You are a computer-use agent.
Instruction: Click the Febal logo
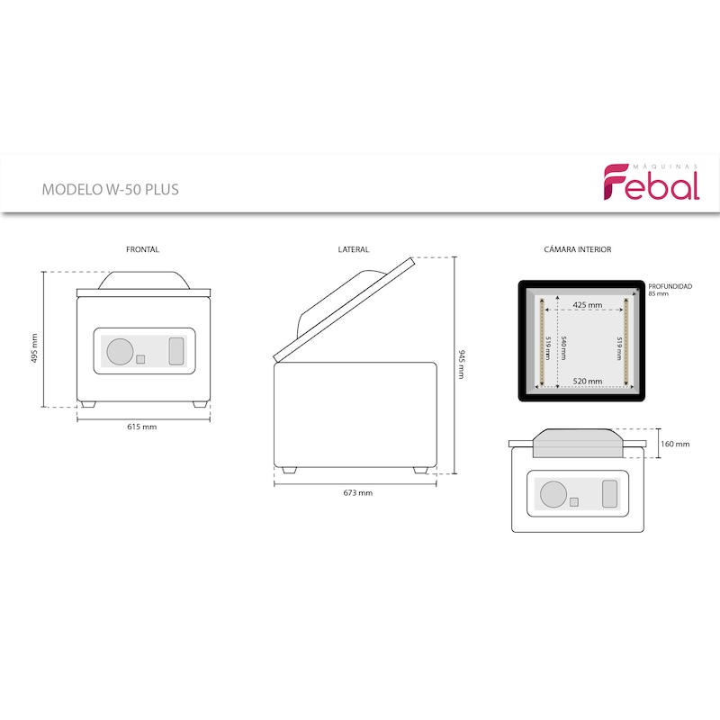pos(651,182)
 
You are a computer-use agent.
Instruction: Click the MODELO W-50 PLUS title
pos(110,190)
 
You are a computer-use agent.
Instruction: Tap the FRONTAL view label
pos(142,249)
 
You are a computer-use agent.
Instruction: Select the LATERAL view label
pos(353,249)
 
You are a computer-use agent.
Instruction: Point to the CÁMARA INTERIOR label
pos(577,249)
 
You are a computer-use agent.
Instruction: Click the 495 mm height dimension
pos(34,348)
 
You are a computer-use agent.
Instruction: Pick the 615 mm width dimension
pos(142,427)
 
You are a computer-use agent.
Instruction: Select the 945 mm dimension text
pos(462,364)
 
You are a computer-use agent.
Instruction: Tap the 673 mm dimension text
pos(357,492)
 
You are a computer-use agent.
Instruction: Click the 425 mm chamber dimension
pos(588,305)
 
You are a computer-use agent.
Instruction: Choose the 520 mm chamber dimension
pos(588,381)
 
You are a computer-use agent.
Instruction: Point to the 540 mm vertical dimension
pos(563,348)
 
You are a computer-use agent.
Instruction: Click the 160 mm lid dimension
pos(675,444)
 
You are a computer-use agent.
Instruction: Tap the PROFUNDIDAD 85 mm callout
pos(670,290)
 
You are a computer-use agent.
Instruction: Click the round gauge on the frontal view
pos(121,352)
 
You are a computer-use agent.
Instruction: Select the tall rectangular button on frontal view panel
pos(176,351)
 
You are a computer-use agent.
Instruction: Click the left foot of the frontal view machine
pos(86,404)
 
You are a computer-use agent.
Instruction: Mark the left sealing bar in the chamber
pos(542,342)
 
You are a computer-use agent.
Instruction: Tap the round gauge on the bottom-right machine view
pos(553,494)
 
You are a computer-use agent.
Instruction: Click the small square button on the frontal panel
pos(140,359)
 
